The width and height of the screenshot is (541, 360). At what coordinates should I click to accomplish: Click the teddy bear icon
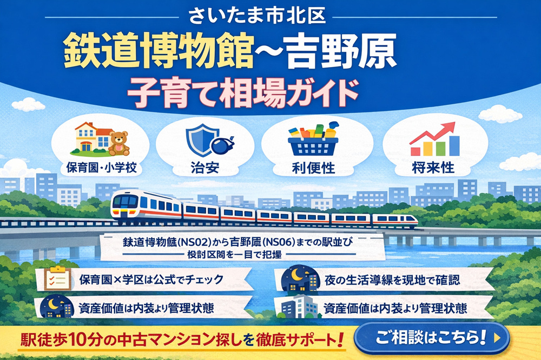(x=118, y=143)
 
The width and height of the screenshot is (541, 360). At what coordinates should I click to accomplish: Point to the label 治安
(x=206, y=167)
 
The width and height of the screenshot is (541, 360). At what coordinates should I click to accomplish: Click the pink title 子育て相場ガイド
(x=242, y=92)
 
